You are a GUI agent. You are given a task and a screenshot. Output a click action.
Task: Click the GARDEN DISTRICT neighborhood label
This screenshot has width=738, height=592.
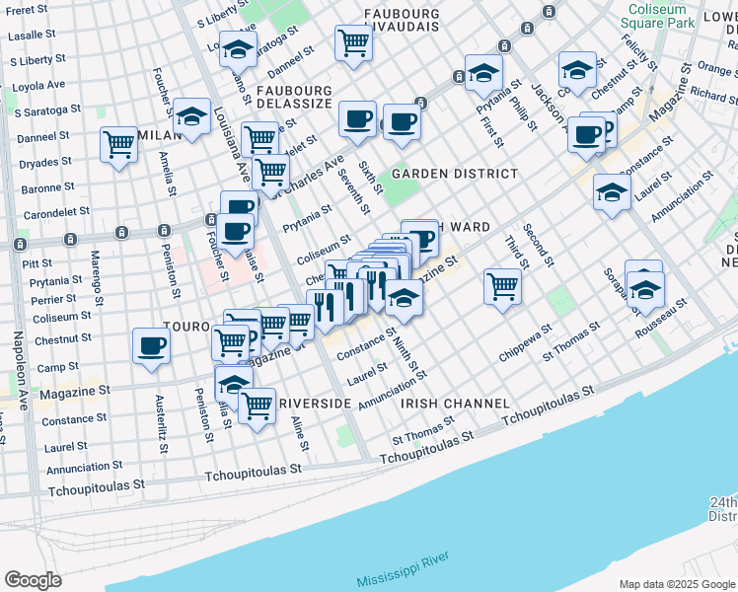click(454, 174)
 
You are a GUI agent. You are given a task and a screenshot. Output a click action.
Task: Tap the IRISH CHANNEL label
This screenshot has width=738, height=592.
click(454, 404)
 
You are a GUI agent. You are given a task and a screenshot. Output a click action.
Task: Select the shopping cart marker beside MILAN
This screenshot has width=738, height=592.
click(118, 145)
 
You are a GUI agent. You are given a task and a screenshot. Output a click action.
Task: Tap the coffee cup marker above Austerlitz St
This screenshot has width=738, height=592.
click(151, 346)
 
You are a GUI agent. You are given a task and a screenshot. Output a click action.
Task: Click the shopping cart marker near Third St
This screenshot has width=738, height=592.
click(502, 287)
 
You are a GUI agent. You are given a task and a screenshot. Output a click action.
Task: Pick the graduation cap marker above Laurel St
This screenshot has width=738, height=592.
click(612, 193)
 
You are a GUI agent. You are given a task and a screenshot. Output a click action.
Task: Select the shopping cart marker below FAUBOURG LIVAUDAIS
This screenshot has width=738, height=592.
click(352, 42)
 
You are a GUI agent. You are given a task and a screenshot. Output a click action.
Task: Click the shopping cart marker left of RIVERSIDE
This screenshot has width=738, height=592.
click(257, 405)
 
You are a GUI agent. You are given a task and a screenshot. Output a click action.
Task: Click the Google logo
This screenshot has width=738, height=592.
click(34, 580)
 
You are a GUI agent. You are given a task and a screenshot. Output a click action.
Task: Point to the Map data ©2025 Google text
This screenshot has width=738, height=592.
click(676, 584)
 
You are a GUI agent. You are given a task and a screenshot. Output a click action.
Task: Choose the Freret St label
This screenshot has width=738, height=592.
click(27, 10)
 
